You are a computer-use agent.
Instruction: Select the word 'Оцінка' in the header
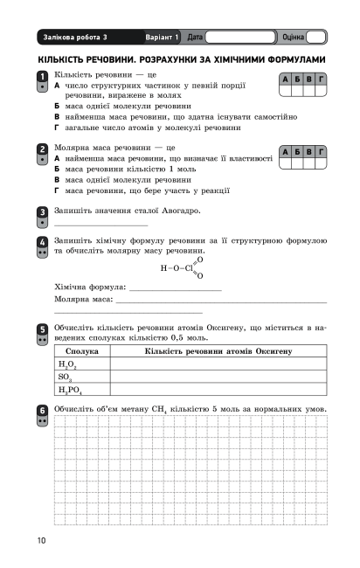[294, 38]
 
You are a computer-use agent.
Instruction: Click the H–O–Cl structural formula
[182, 268]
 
